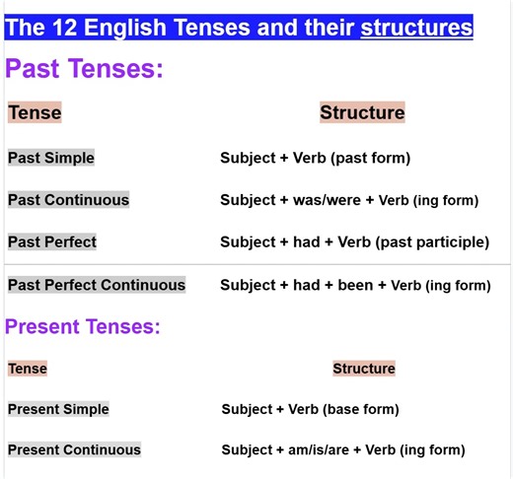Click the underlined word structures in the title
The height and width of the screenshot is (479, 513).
(416, 27)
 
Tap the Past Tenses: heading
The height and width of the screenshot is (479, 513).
(84, 68)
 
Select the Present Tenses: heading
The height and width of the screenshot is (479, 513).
(83, 326)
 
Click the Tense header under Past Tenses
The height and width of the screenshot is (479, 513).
(35, 112)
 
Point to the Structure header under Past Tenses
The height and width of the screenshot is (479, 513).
(362, 112)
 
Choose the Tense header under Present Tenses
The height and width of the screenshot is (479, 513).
(28, 369)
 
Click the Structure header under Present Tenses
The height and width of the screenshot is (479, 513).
(363, 369)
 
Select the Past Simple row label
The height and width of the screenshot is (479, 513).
(51, 158)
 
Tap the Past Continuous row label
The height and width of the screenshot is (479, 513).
(68, 199)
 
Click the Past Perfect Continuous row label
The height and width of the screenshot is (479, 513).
(97, 285)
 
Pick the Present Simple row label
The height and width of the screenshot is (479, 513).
(58, 409)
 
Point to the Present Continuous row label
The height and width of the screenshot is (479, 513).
(74, 449)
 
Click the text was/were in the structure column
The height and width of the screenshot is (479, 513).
(325, 200)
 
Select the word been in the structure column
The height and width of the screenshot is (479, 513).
(356, 286)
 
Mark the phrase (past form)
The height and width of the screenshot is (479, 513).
(371, 159)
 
